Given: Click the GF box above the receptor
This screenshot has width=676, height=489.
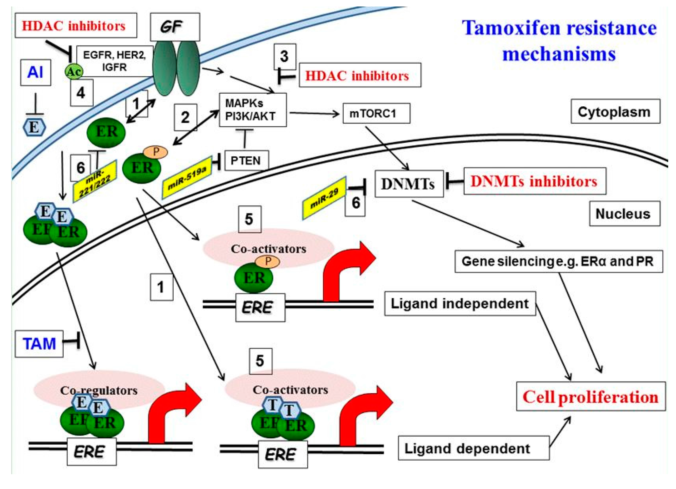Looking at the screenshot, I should pyautogui.click(x=175, y=27).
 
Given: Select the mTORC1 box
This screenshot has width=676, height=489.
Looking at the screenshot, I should pyautogui.click(x=376, y=113).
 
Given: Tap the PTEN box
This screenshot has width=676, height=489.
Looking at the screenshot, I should pyautogui.click(x=246, y=160).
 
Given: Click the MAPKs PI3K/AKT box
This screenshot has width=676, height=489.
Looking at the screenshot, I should pyautogui.click(x=252, y=110).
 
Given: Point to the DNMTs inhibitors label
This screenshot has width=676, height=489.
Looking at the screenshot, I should pyautogui.click(x=534, y=181).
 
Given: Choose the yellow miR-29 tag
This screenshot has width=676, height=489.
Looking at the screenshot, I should pyautogui.click(x=324, y=198).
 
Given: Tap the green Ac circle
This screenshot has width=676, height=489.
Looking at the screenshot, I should pyautogui.click(x=74, y=72).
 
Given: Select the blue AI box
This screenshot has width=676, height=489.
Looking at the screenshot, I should pyautogui.click(x=35, y=73).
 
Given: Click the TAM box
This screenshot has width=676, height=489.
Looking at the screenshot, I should pyautogui.click(x=39, y=343).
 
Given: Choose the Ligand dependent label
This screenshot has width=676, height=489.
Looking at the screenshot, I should pyautogui.click(x=473, y=448).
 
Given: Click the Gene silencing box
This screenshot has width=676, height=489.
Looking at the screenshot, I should pyautogui.click(x=558, y=261).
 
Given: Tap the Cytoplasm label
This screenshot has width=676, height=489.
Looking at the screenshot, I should pyautogui.click(x=615, y=112).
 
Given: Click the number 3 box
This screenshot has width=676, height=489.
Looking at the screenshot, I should pyautogui.click(x=285, y=57).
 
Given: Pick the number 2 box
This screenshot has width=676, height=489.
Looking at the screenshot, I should pyautogui.click(x=185, y=117).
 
